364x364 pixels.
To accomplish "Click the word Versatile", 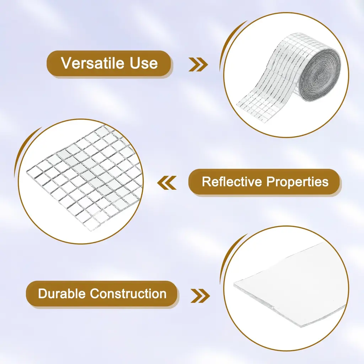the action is [93, 63].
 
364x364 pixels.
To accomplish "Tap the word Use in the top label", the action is [144, 63].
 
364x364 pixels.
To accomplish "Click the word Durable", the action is [62, 293].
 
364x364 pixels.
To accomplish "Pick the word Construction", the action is [128, 293].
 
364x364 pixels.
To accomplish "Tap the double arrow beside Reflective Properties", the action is [167, 183].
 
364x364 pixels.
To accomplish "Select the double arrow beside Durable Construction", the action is [200, 296].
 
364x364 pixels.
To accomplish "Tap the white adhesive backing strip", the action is [290, 284].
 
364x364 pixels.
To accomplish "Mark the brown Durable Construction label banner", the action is [102, 294].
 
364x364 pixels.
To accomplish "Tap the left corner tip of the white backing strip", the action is [234, 283].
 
